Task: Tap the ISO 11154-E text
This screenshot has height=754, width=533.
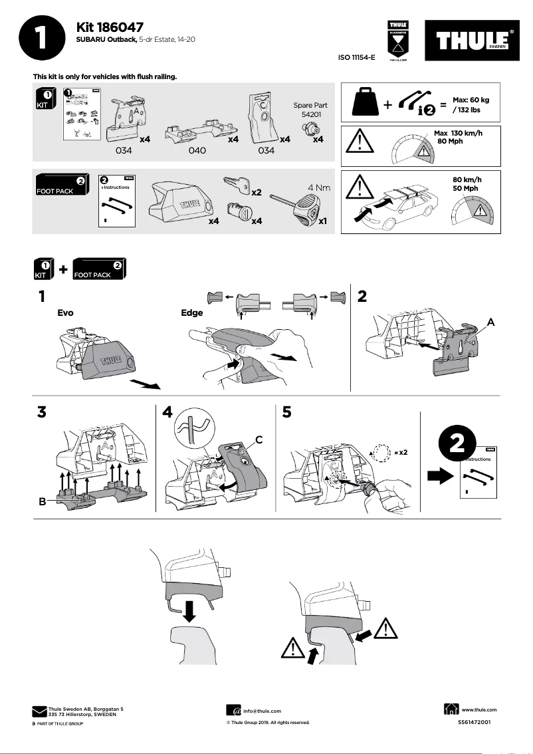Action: pos(357,58)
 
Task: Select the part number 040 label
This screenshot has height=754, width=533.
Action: pos(197,151)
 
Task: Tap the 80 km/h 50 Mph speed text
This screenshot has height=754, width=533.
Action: pos(467,184)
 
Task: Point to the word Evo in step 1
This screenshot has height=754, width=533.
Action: pos(65,313)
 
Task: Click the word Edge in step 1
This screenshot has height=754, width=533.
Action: pos(192,313)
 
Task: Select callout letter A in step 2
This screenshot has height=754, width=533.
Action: pos(491,321)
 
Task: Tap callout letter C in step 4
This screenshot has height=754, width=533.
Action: pos(260,439)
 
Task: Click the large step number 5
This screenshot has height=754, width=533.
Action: pos(287,412)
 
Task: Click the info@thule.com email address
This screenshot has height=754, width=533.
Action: pos(262,711)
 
